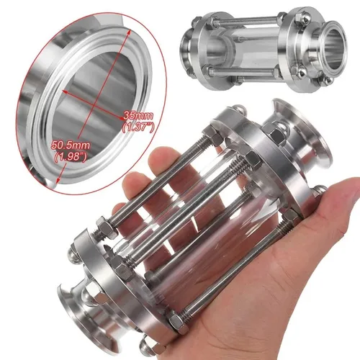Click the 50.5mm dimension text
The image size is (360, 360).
click(x=68, y=145)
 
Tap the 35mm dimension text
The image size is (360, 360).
click(x=138, y=115)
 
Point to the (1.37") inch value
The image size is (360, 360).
click(x=138, y=127)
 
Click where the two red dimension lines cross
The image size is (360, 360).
click(x=87, y=102)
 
